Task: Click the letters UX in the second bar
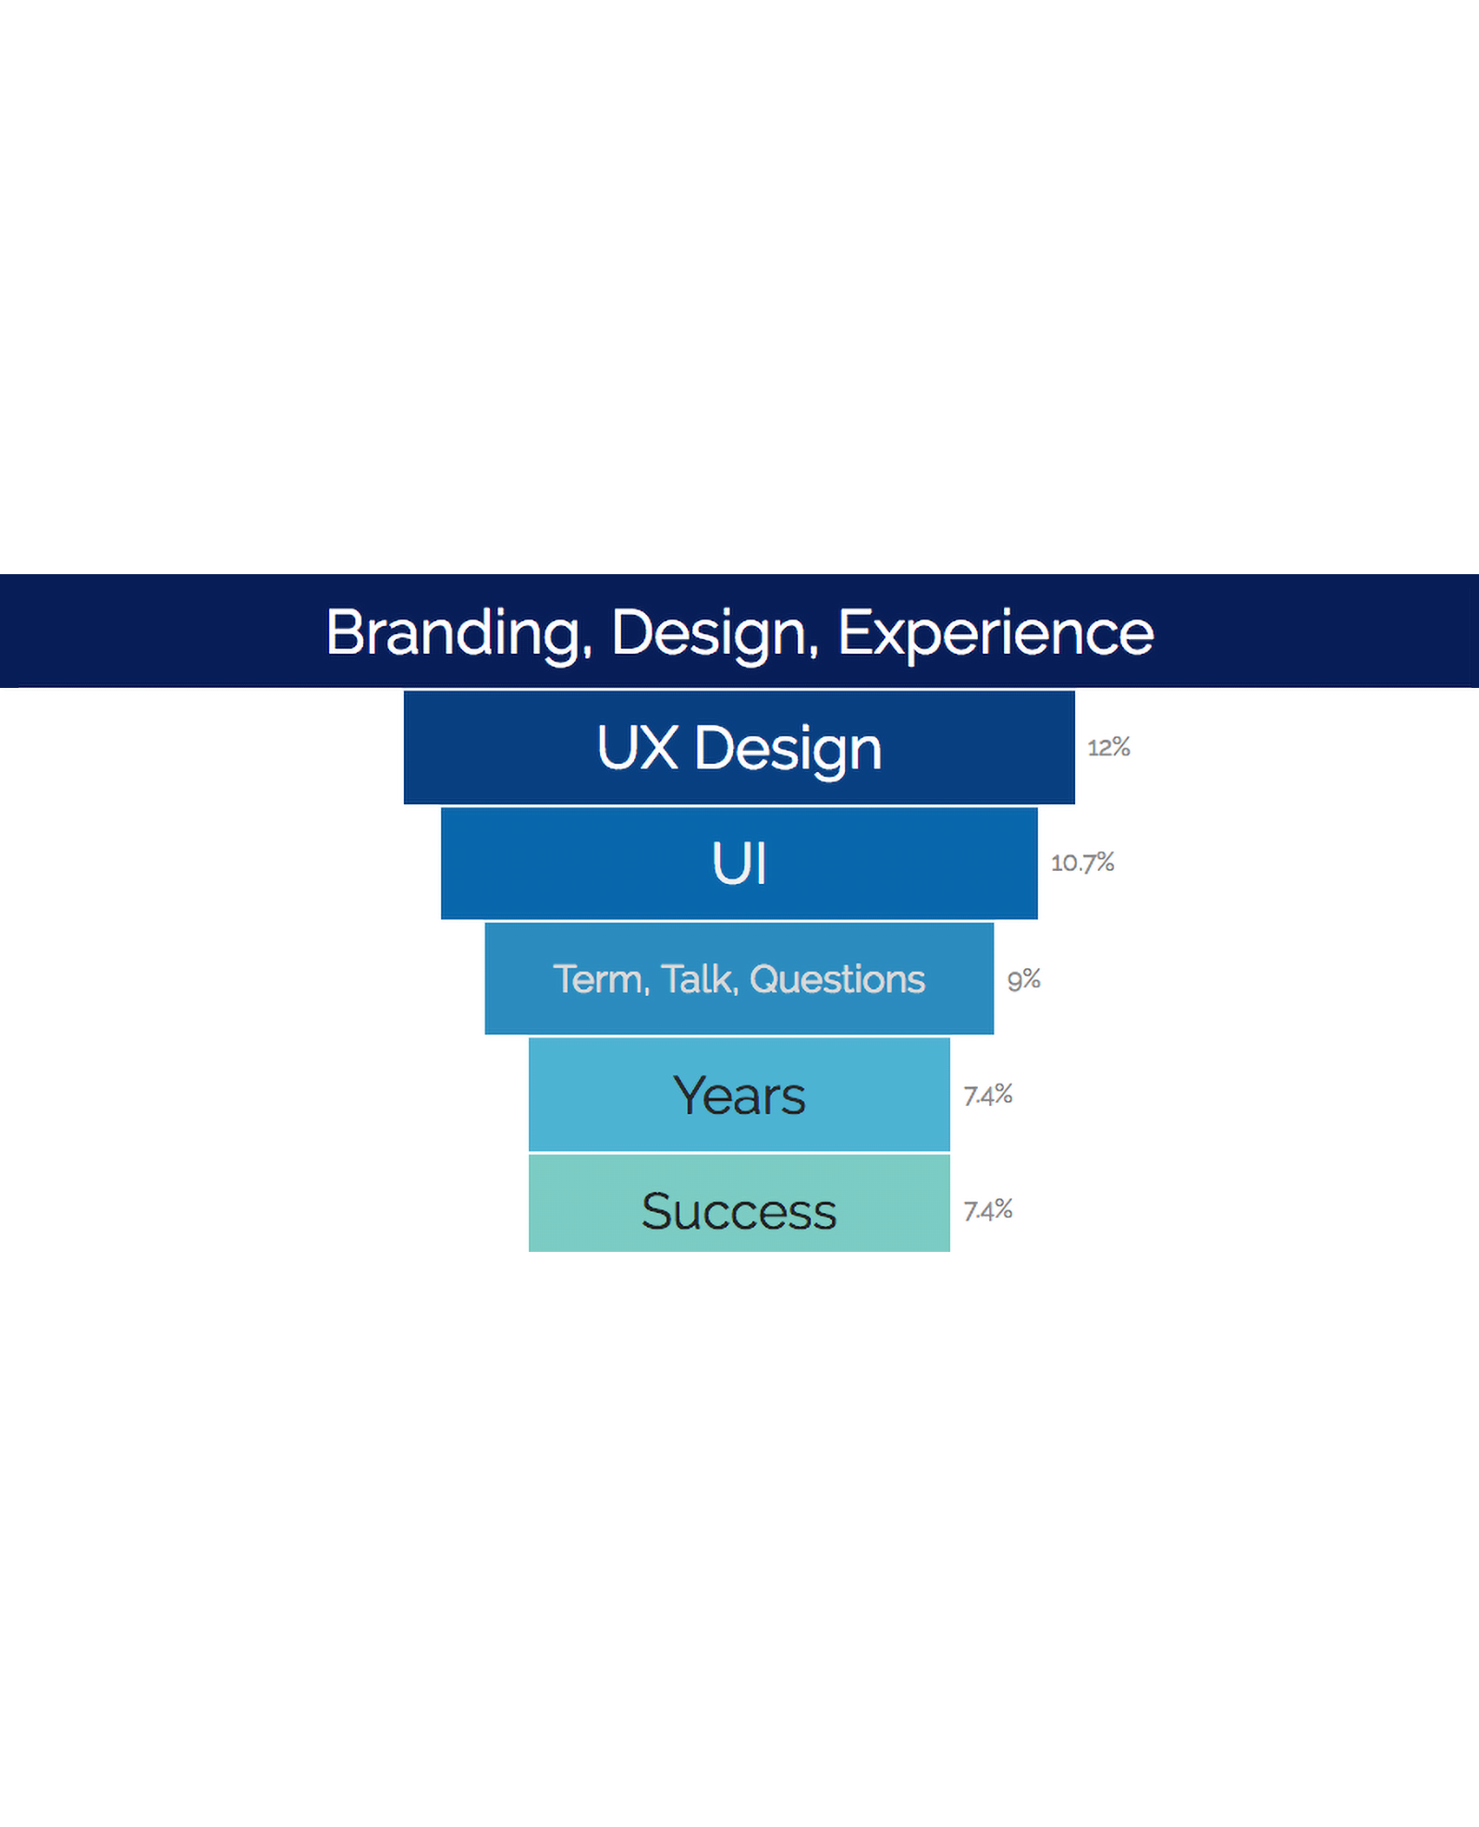click(x=638, y=747)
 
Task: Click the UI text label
click(x=739, y=864)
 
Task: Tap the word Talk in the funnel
click(x=700, y=980)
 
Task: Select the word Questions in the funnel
click(x=837, y=979)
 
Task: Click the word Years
click(x=739, y=1096)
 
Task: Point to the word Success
click(x=739, y=1211)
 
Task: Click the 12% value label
click(x=1109, y=747)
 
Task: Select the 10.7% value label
click(x=1082, y=863)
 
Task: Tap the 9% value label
click(x=1024, y=979)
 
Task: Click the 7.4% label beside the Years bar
click(x=988, y=1095)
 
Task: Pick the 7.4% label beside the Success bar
click(x=988, y=1210)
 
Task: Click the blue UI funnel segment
click(x=739, y=864)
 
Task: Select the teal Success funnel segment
click(x=739, y=1203)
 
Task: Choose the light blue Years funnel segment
click(x=739, y=1095)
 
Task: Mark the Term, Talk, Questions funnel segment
click(x=739, y=978)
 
